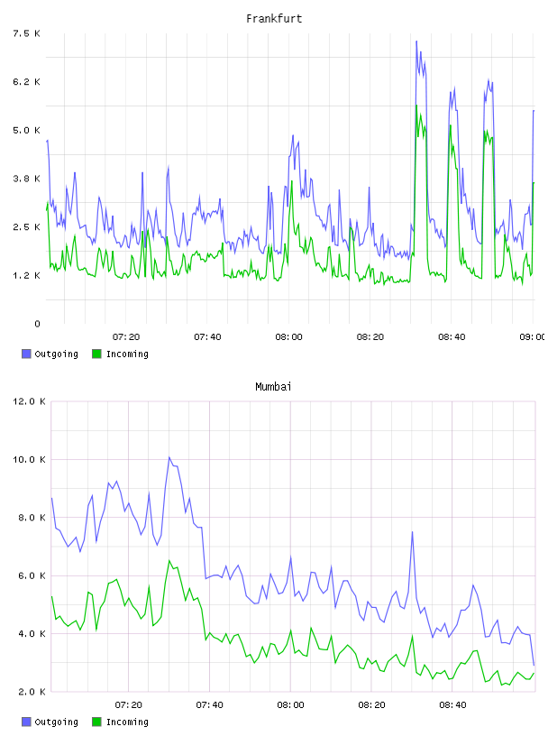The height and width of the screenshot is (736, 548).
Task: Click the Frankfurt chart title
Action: (274, 19)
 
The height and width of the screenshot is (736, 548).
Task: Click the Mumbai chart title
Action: (273, 387)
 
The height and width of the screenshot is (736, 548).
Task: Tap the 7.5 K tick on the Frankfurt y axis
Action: (27, 33)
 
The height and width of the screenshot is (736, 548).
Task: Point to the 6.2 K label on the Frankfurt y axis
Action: (27, 82)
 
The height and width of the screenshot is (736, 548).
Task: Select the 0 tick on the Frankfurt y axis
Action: (38, 324)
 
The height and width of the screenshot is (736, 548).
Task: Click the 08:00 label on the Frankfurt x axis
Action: (289, 337)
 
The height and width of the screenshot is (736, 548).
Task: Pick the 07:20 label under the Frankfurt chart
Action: (126, 337)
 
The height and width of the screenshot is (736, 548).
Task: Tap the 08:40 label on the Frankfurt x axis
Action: (452, 337)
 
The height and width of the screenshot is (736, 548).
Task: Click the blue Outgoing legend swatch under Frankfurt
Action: (26, 354)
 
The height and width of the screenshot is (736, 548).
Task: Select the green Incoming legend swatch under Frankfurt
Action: (96, 354)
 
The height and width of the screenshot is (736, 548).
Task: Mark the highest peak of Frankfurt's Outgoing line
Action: (416, 41)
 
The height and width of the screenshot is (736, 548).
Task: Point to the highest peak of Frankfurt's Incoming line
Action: (416, 106)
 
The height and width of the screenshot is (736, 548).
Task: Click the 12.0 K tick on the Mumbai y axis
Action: (29, 401)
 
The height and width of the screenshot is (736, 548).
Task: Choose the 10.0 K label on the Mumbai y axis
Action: (29, 459)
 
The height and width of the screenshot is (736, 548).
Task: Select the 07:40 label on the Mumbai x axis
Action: (209, 705)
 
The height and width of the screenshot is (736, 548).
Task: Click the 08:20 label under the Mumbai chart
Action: (371, 705)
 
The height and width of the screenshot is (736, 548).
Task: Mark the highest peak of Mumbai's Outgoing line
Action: (169, 457)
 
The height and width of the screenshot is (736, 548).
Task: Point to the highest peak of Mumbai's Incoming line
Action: (169, 560)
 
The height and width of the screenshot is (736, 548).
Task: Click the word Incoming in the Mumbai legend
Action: (127, 722)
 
